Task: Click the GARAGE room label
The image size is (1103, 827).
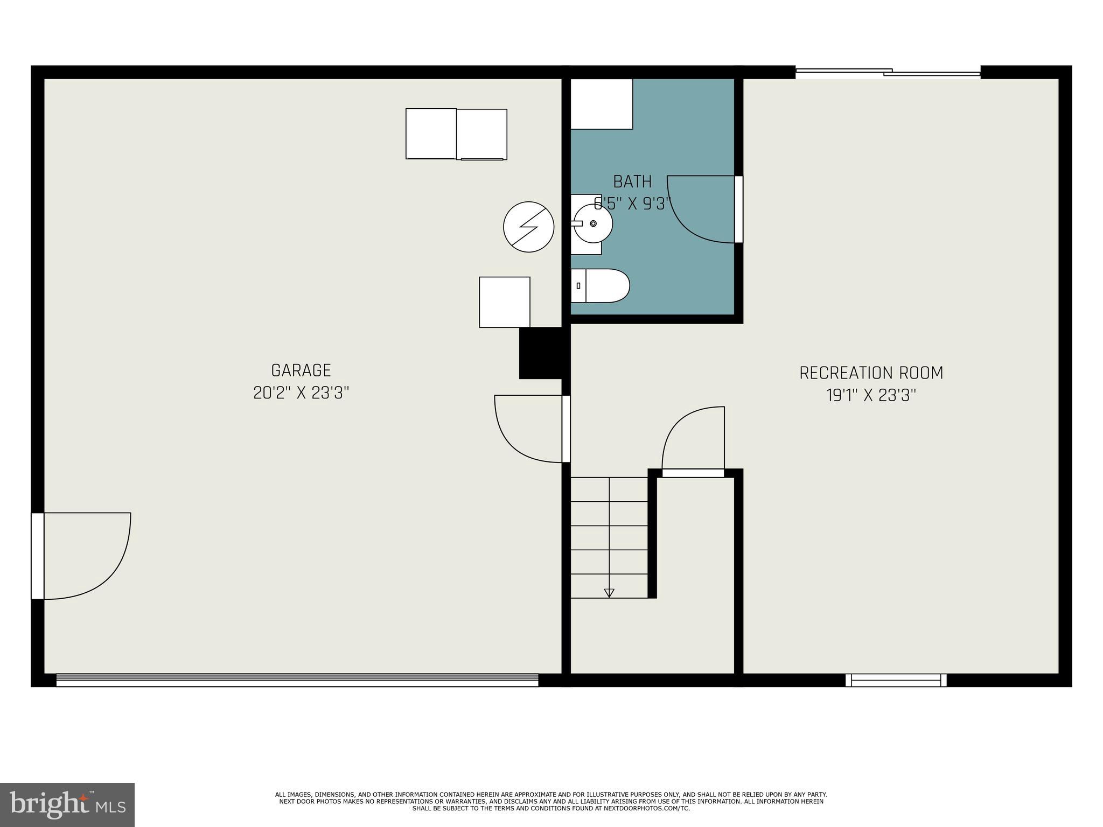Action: [301, 370]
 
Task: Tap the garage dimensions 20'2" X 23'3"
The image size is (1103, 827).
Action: [301, 393]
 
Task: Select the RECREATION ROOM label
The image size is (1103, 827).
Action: [871, 373]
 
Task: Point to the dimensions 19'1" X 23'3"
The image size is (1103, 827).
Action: [871, 396]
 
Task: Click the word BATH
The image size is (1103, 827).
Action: [632, 181]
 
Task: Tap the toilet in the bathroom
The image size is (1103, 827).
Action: [600, 285]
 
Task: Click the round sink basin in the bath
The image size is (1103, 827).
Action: [592, 223]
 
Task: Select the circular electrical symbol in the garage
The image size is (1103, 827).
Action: [528, 227]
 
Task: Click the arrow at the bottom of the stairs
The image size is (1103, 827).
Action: [609, 593]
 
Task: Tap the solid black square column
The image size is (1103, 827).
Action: [541, 353]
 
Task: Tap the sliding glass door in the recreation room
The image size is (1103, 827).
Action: [888, 72]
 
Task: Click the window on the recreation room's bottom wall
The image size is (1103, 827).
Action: [896, 680]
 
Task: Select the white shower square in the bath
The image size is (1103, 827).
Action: [601, 104]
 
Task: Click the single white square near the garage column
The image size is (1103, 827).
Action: [504, 302]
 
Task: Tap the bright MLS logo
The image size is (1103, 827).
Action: [67, 805]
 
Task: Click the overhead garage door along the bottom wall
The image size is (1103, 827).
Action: [297, 680]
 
